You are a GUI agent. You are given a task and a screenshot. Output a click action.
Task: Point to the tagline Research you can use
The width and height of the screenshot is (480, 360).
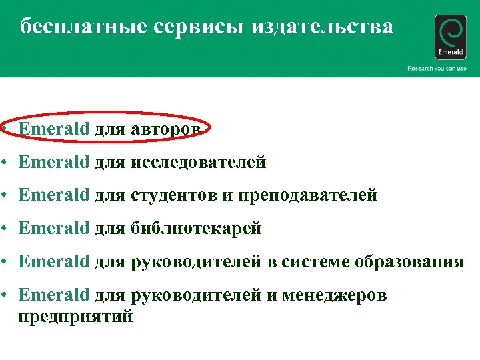pos(437,69)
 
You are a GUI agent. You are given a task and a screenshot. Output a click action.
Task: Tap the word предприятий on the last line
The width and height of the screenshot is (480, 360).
pos(76,317)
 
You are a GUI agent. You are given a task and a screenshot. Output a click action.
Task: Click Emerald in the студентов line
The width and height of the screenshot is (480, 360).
pos(53,195)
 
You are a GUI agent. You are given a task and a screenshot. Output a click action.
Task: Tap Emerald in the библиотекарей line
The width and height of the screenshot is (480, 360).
pos(53,229)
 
